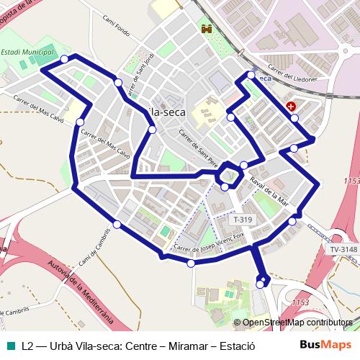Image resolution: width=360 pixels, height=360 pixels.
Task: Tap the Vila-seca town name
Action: click(166, 112)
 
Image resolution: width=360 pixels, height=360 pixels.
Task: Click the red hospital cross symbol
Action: click(291, 106)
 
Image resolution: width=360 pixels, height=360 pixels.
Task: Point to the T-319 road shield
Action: click(243, 219)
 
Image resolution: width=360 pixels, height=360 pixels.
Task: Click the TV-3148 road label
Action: click(343, 249)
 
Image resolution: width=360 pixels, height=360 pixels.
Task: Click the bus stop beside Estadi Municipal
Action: click(65, 59)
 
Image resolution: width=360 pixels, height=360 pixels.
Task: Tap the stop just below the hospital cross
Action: click(294, 117)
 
